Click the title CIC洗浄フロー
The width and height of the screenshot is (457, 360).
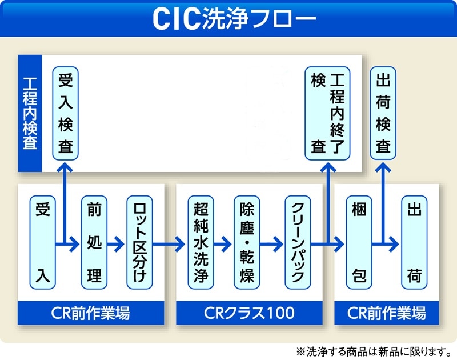228,18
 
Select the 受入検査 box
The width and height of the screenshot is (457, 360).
66,113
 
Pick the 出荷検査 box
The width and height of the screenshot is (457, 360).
383,113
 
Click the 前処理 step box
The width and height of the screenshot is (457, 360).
94,243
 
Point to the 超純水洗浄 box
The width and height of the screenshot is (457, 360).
201,243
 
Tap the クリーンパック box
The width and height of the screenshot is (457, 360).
298,243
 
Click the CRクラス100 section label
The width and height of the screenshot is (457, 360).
249,313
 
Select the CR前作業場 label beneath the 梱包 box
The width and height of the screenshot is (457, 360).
387,313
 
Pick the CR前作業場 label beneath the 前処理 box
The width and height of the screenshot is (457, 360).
91,313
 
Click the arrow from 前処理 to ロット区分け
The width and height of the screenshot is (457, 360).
116,245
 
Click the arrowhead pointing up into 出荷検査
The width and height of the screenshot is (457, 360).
383,167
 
